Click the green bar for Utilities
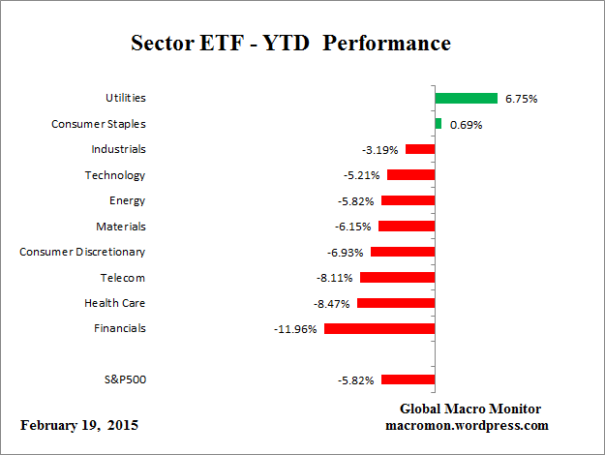click(466, 98)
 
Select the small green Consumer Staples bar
click(439, 124)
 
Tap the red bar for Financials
click(379, 328)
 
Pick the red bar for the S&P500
click(408, 379)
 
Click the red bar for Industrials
click(420, 149)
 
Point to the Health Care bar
click(396, 303)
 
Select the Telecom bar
click(397, 277)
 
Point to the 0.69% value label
click(465, 125)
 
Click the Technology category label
click(114, 175)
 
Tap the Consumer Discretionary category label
click(82, 252)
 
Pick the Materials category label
click(121, 226)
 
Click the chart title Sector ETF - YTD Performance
click(290, 45)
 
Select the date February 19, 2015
click(79, 425)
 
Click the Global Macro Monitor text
click(469, 409)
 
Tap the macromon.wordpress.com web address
click(469, 425)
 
